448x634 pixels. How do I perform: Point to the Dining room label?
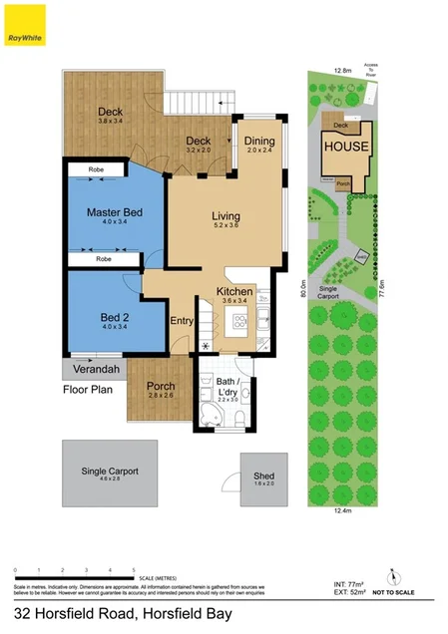[x=259, y=142]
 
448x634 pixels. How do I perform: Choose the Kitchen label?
[x=235, y=291]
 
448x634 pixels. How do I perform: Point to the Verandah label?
[x=96, y=370]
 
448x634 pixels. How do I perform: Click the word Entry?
[x=182, y=321]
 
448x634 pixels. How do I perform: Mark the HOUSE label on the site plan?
[x=344, y=147]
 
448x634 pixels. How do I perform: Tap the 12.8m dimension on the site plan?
[x=342, y=72]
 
